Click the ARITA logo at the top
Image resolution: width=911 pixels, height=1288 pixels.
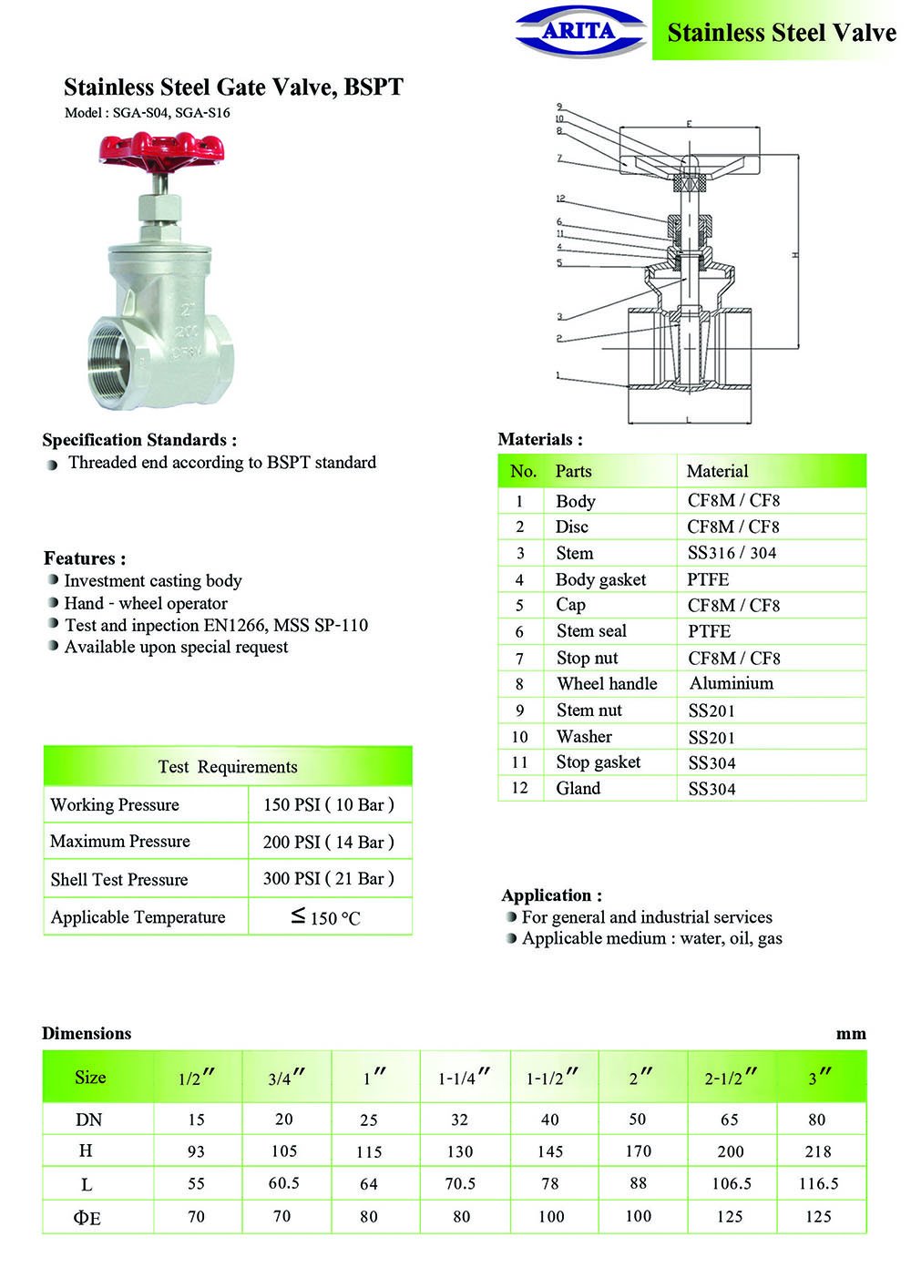click(580, 31)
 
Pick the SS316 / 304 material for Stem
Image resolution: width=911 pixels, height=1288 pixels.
click(732, 553)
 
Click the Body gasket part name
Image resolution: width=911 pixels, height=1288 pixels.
click(600, 579)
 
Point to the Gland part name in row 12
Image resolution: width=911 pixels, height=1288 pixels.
click(578, 788)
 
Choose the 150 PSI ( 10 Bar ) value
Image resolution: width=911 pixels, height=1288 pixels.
click(328, 804)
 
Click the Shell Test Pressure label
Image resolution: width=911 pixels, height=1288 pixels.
click(119, 879)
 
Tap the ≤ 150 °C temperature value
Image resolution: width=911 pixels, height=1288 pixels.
click(326, 917)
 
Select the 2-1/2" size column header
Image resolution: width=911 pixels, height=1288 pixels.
click(731, 1078)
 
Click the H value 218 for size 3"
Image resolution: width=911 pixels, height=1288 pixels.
click(818, 1151)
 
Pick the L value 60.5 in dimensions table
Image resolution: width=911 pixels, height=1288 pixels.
click(284, 1183)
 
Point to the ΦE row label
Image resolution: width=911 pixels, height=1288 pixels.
click(87, 1217)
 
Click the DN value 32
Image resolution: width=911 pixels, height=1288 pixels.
click(459, 1119)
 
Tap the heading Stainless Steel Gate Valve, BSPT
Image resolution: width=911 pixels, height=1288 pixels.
click(233, 87)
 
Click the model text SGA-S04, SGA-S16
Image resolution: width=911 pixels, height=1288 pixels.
click(148, 113)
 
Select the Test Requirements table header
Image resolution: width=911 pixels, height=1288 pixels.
click(228, 766)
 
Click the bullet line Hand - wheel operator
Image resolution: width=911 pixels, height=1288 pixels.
click(146, 603)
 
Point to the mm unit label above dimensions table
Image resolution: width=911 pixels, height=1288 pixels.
click(851, 1034)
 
